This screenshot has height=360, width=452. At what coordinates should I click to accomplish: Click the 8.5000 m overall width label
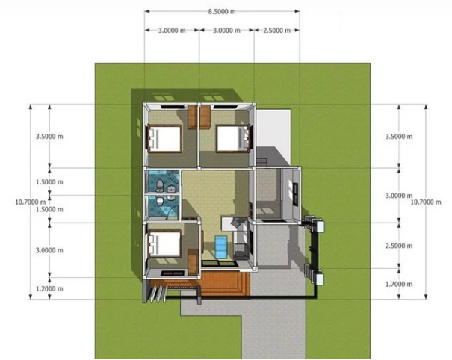point(222,11)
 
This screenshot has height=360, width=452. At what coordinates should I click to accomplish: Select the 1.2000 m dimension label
point(49,288)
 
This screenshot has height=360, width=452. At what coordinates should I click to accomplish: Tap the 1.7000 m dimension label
point(399,285)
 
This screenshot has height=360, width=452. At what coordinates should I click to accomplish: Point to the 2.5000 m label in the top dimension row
point(276,31)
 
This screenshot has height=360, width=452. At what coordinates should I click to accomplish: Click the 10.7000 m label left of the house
point(31,202)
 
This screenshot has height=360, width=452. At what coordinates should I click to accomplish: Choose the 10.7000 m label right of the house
point(426,202)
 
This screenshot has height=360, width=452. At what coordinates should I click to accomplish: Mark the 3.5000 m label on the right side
point(399,137)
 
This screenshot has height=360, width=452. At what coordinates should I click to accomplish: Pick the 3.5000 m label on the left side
point(49,137)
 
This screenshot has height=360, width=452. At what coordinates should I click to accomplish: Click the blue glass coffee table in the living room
point(221,247)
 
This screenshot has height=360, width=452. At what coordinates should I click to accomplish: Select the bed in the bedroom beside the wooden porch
point(164,243)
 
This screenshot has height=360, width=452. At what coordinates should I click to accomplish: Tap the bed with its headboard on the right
point(233,138)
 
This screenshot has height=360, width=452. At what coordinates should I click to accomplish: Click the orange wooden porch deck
point(226,284)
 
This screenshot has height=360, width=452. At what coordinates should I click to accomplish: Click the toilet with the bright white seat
point(159,201)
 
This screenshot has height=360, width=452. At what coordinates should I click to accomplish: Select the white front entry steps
point(158,294)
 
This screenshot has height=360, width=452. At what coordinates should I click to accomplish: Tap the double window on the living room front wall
point(220,263)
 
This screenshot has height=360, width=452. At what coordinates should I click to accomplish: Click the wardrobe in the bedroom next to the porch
point(193,261)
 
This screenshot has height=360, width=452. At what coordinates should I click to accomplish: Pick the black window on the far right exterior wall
point(295,195)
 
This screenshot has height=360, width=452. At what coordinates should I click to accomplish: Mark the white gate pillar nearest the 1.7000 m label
point(320,279)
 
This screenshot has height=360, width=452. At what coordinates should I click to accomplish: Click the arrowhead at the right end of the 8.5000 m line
point(297,11)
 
